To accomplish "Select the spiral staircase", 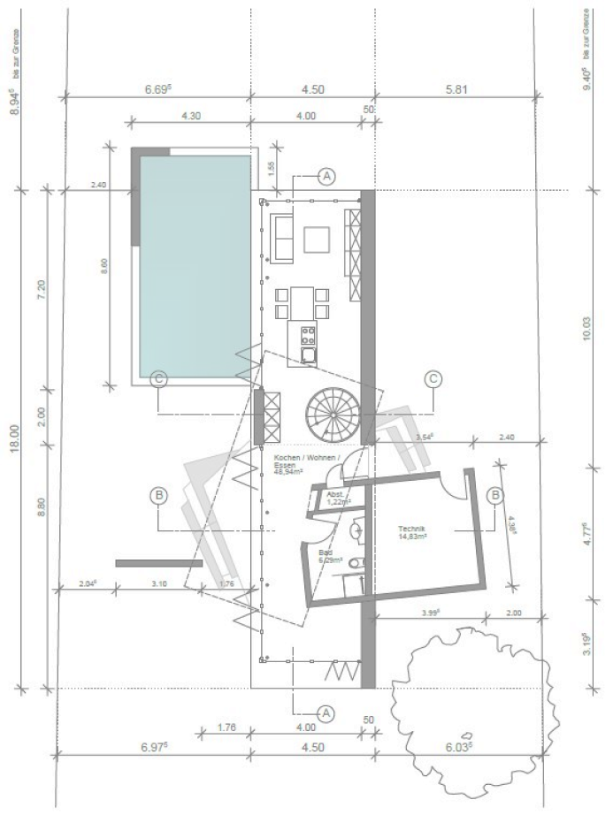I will (x=332, y=415).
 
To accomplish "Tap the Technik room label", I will (x=412, y=534).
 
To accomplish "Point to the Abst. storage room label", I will (x=337, y=498).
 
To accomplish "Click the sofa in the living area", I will (x=285, y=237).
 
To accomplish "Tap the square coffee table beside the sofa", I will (x=317, y=240).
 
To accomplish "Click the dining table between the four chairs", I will (x=303, y=302).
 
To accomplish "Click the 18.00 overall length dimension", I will (x=14, y=438).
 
